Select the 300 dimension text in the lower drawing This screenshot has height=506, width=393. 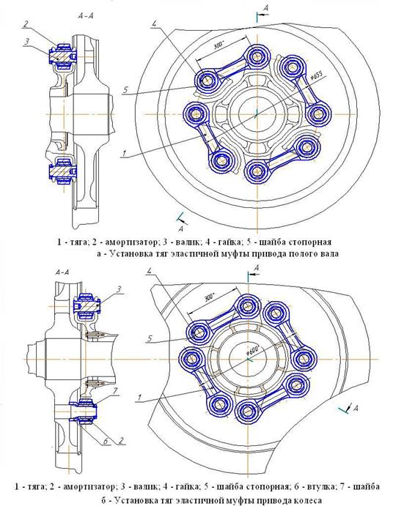click(210, 297)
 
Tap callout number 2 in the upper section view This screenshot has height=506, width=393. click(26, 24)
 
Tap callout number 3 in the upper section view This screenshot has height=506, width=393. click(27, 41)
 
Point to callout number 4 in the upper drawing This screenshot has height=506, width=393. click(154, 24)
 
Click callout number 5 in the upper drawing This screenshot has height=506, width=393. click(125, 90)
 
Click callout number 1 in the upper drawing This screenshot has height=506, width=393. click(123, 154)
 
